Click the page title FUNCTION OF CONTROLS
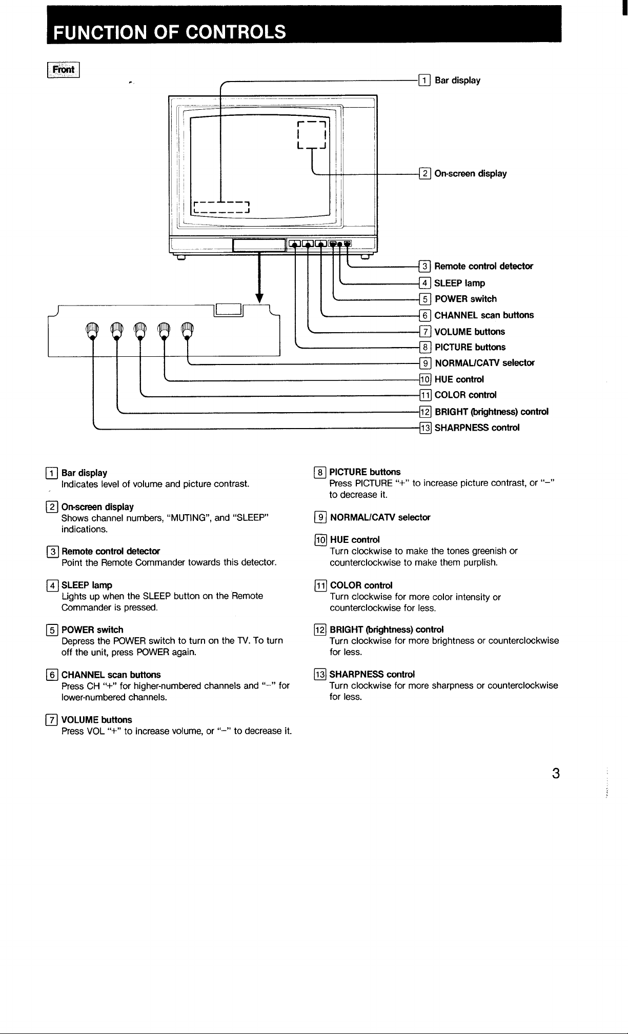click(170, 32)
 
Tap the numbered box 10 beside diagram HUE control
click(425, 379)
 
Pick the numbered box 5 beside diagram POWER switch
click(425, 299)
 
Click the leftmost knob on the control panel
click(92, 331)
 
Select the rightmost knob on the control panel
click(188, 331)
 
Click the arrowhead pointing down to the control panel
click(259, 299)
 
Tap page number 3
click(555, 773)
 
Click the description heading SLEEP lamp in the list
click(87, 585)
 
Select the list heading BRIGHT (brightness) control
click(387, 629)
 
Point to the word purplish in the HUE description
click(480, 563)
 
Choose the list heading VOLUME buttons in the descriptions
click(96, 720)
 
